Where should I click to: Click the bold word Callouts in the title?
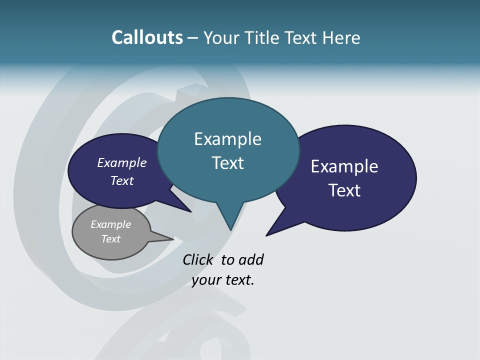[147, 37]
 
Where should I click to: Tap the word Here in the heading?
[341, 37]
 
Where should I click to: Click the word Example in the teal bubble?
[227, 139]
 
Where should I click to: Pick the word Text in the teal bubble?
[227, 163]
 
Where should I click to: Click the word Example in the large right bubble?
[344, 166]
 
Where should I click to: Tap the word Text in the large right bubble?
[344, 190]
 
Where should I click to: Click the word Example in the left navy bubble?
[121, 162]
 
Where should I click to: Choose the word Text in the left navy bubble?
[121, 180]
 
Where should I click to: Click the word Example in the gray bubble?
[110, 224]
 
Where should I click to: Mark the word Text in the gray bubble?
[110, 239]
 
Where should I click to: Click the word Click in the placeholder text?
[197, 259]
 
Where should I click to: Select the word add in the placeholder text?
[251, 259]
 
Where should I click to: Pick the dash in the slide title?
[193, 37]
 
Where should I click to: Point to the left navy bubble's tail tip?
[190, 211]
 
